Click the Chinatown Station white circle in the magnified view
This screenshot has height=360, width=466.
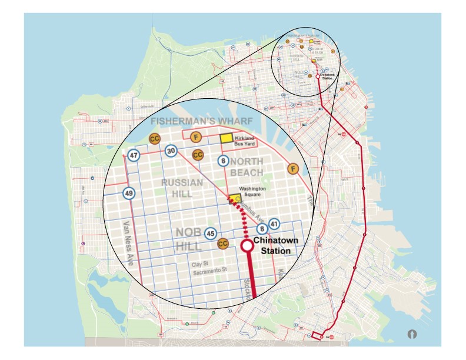click(247, 246)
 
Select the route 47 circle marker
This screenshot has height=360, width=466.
click(134, 156)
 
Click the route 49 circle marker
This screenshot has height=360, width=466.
click(129, 193)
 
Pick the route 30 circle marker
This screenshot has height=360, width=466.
click(171, 151)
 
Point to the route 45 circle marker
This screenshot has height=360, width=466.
click(210, 234)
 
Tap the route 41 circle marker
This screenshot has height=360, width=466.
click(274, 224)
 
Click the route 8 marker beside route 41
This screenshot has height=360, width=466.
click(261, 229)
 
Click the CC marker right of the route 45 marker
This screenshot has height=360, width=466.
click(223, 243)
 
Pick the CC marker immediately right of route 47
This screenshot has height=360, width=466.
click(155, 139)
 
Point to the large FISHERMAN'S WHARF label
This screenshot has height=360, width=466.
click(201, 121)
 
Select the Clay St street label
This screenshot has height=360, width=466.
click(202, 264)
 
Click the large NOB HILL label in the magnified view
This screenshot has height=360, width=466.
click(190, 238)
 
